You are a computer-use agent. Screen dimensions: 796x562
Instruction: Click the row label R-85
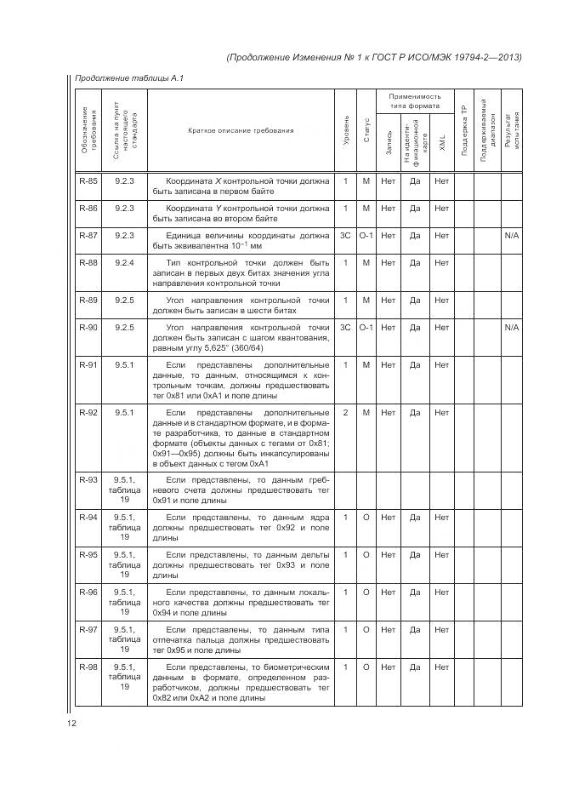coord(88,181)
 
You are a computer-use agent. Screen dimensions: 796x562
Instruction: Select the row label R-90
coord(88,327)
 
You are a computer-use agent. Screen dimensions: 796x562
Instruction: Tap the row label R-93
coord(88,480)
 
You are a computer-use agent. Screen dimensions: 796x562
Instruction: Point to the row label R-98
coord(88,667)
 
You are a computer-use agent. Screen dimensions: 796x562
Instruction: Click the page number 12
coord(72,724)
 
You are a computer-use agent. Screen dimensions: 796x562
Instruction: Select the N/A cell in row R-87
coord(511,234)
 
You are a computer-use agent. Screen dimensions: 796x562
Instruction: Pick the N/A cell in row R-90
coord(511,327)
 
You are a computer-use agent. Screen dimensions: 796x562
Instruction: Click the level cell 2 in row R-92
coord(346,413)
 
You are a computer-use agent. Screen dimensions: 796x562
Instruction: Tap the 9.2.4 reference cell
coord(125,263)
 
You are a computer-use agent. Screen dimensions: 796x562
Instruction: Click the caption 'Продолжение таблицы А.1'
coord(128,79)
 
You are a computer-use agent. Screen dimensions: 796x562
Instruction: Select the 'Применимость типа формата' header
coord(416,101)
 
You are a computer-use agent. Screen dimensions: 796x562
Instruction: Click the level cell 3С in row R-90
coord(346,327)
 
